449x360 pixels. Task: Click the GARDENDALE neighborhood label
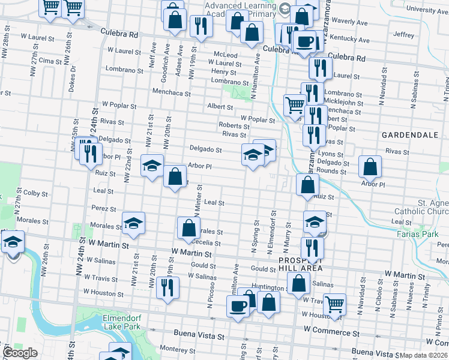pos(410,135)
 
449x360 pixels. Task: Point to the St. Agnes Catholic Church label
pos(421,206)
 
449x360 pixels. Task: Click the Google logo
pos(19,353)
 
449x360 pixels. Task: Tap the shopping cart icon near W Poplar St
pos(295,104)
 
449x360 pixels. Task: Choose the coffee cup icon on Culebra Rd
pos(305,42)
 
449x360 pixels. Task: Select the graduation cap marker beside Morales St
pos(133,223)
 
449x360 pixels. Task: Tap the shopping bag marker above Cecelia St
pos(188,227)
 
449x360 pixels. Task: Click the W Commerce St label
pos(331,330)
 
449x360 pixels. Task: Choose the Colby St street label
pos(35,193)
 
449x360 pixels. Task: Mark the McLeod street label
pos(226,55)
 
